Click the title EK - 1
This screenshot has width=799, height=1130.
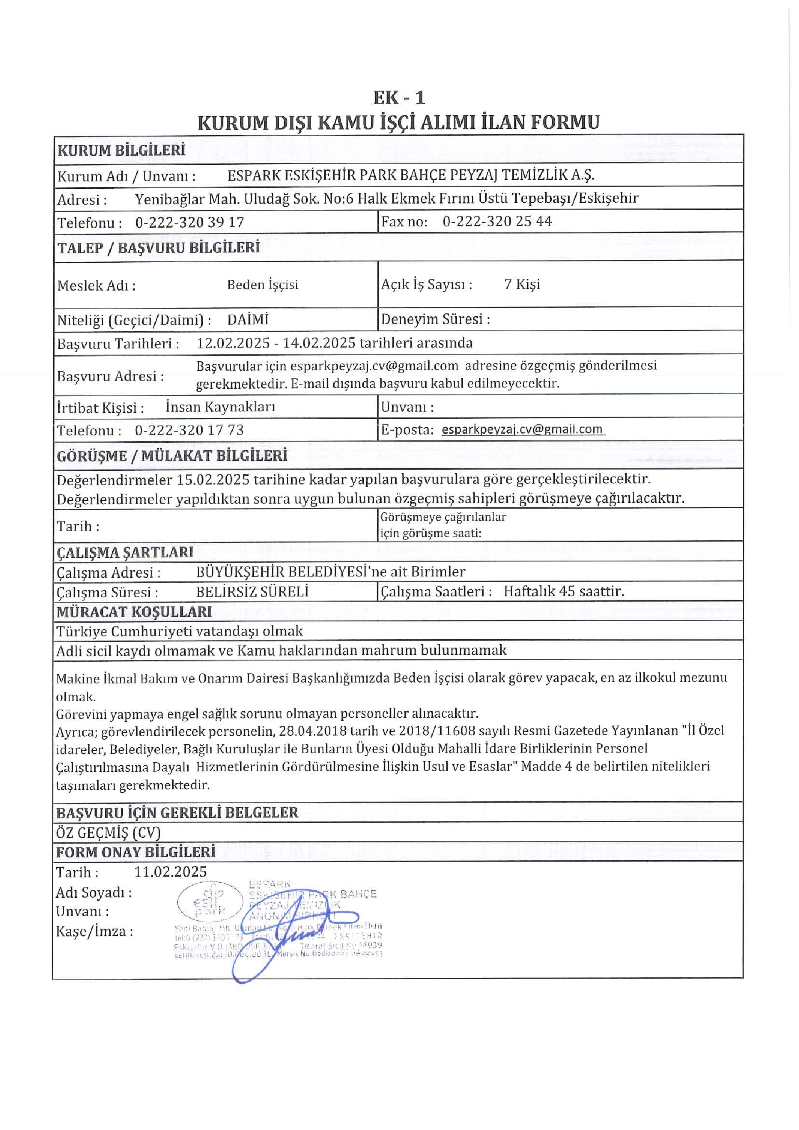coord(399,98)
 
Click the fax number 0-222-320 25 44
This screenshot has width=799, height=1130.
coord(497,221)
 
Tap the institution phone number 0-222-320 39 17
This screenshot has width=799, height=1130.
coord(189,222)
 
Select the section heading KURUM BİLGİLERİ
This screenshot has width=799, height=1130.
coord(122,150)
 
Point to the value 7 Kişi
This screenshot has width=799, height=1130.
coord(521,284)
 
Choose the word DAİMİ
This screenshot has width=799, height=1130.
coord(248,320)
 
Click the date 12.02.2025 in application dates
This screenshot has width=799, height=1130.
coord(233,343)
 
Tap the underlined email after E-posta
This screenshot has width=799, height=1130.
coord(522,429)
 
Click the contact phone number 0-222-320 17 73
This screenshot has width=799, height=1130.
coord(189,430)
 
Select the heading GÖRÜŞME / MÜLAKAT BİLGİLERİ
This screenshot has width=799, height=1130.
coord(172,456)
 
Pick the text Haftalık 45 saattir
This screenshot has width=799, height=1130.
coord(563,591)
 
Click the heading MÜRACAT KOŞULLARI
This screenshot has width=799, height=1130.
coord(134,612)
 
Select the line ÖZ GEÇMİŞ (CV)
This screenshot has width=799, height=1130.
coord(108,832)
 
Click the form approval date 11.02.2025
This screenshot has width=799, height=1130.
coord(170,872)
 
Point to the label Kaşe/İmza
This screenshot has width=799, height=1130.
coord(94,931)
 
